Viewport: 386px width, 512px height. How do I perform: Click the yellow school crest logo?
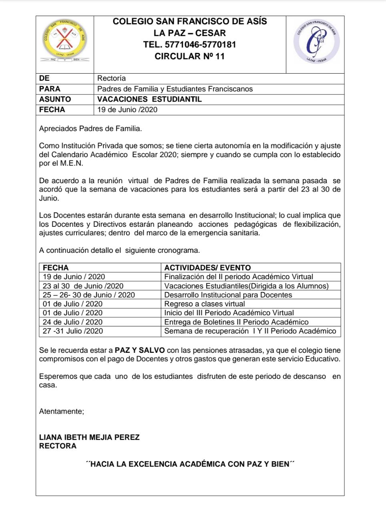tap(64, 40)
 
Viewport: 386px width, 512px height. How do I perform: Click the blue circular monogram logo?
tap(316, 41)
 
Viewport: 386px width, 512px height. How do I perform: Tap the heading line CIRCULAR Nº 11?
tap(189, 56)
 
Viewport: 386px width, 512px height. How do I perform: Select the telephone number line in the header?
tap(189, 44)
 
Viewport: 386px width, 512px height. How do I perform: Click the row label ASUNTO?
tap(55, 99)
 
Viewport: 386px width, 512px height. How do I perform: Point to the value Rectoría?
tap(111, 78)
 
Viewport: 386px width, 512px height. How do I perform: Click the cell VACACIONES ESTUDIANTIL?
tap(149, 99)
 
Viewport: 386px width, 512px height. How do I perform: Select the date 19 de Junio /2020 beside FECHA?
tap(127, 110)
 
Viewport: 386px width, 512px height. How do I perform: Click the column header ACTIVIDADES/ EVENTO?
tap(207, 268)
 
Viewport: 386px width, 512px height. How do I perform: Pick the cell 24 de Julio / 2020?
tap(72, 322)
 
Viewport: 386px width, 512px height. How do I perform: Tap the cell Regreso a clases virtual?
tap(205, 304)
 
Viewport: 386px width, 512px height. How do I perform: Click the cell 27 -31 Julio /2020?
tap(72, 331)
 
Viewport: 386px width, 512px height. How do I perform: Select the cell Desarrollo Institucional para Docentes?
tap(228, 295)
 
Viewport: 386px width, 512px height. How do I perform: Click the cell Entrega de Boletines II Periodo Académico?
tap(236, 322)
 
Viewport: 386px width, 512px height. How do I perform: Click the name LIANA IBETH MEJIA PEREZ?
tap(89, 437)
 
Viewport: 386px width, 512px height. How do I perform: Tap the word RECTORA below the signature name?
tap(58, 446)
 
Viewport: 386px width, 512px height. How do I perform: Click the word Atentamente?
tap(62, 411)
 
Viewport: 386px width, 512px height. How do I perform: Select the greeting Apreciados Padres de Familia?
tap(90, 129)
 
